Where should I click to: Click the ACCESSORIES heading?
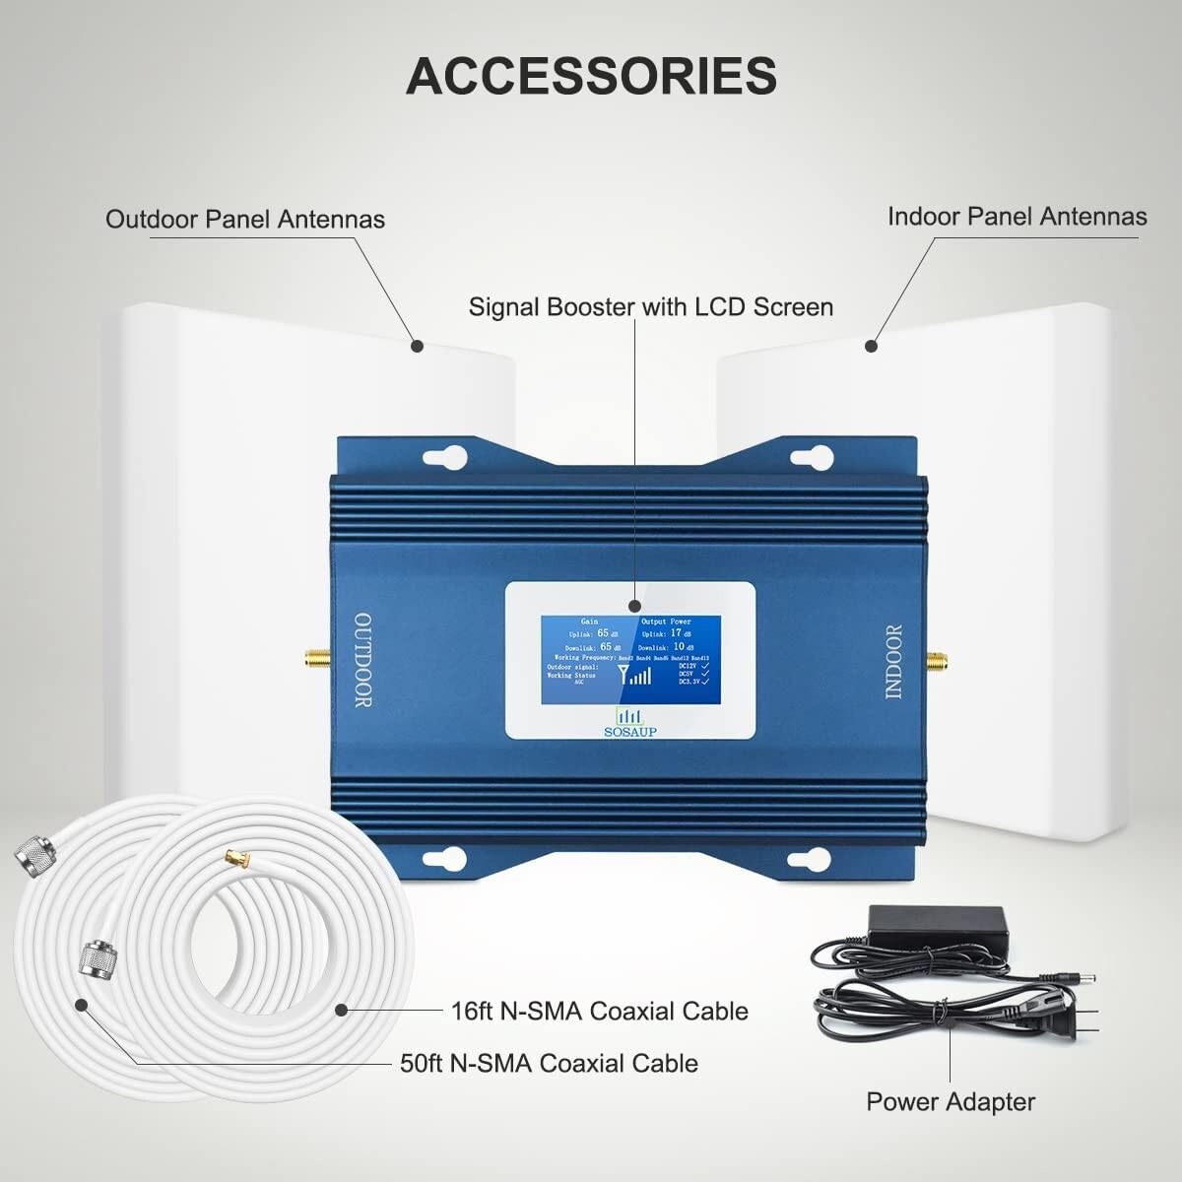pyautogui.click(x=591, y=76)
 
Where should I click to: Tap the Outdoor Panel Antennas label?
pyautogui.click(x=244, y=219)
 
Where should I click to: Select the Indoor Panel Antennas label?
pyautogui.click(x=1017, y=217)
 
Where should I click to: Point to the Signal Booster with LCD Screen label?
pyautogui.click(x=650, y=307)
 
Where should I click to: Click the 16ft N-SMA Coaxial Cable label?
pyautogui.click(x=599, y=1011)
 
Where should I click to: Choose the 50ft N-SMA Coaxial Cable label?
pyautogui.click(x=549, y=1063)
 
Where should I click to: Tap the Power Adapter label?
pyautogui.click(x=951, y=1101)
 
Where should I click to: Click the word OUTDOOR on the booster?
pyautogui.click(x=362, y=660)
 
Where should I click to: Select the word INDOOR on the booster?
pyautogui.click(x=893, y=662)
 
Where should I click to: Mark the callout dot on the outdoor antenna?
pyautogui.click(x=418, y=346)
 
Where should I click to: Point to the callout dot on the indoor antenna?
pyautogui.click(x=871, y=346)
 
